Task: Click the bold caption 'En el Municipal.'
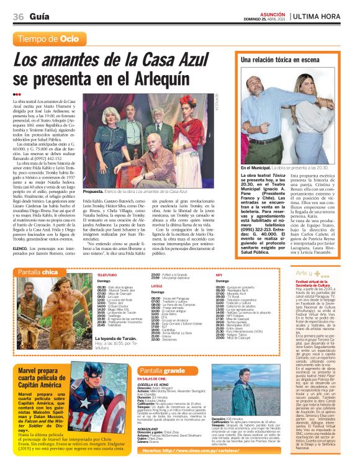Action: click(254, 168)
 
